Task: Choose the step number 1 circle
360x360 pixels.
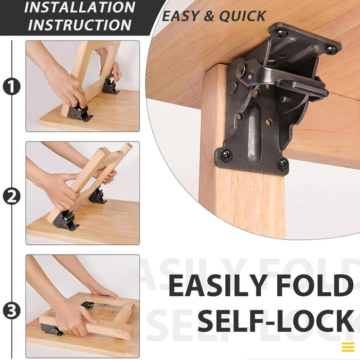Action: [x=11, y=86]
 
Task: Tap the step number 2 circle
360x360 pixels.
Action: [x=11, y=196]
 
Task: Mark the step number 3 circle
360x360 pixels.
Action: [x=11, y=310]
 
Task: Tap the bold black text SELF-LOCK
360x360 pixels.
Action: [x=276, y=321]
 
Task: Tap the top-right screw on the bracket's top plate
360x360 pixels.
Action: [x=331, y=50]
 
